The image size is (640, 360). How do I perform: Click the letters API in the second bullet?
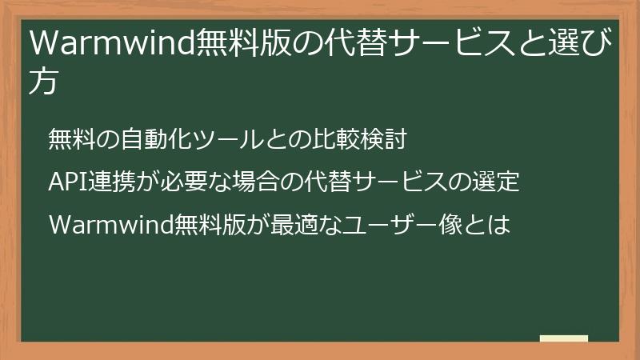click(x=70, y=182)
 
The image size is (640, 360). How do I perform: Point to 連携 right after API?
click(x=115, y=182)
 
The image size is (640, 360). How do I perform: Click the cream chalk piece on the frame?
click(x=563, y=338)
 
